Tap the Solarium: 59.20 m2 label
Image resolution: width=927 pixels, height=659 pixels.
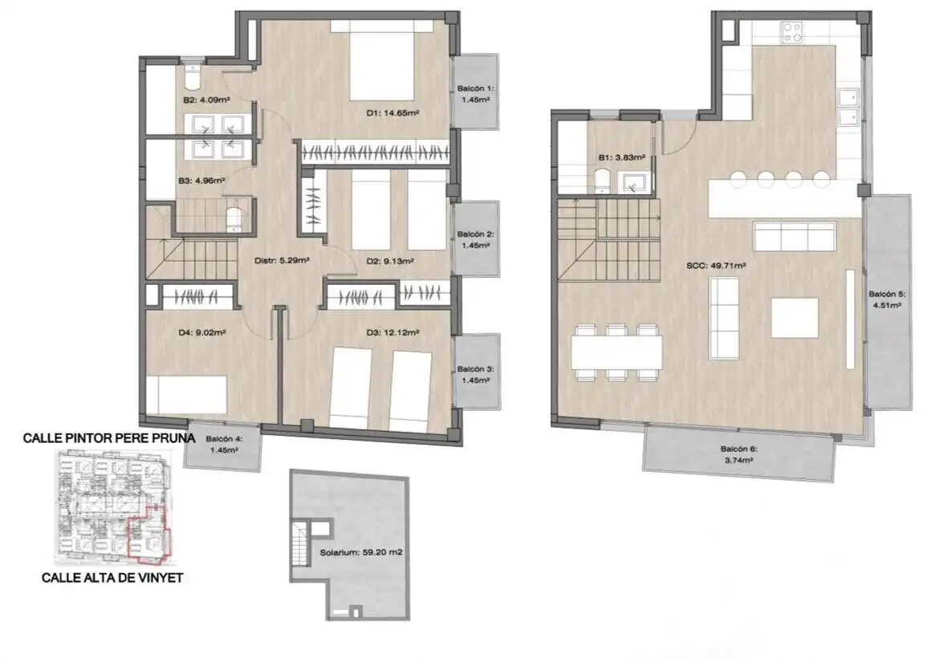360,552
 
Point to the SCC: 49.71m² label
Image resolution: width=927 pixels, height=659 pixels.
715,266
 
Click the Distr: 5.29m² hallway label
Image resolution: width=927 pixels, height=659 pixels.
282,260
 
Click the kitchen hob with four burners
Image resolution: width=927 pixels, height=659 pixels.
792,32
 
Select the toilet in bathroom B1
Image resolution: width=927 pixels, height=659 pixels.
603,181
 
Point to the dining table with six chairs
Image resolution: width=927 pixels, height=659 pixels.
616,352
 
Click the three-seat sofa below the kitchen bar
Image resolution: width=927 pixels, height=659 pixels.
795,237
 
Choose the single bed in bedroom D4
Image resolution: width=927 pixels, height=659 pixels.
186,394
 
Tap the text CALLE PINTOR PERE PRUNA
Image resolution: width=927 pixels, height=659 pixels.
109,438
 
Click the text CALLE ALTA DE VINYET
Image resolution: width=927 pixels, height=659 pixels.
112,577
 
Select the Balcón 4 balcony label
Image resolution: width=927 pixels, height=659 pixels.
223,445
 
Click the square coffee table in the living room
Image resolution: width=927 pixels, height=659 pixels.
795,318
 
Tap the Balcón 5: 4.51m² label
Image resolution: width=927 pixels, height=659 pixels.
887,299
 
